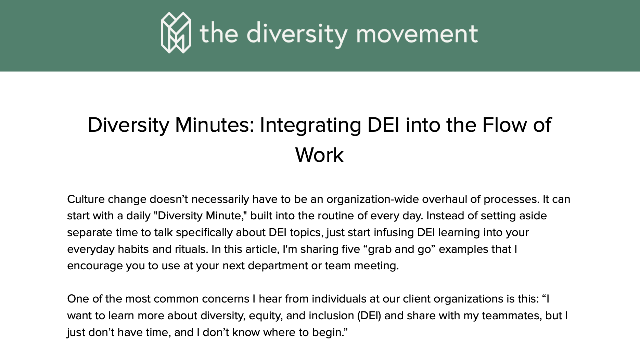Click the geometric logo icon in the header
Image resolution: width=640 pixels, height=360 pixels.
[176, 33]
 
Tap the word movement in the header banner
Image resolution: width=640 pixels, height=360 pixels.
[417, 34]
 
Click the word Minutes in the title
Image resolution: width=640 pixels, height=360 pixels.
[215, 125]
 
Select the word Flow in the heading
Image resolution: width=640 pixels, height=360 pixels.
[505, 125]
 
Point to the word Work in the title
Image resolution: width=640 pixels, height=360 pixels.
[319, 155]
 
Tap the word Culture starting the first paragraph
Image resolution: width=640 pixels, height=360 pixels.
[86, 199]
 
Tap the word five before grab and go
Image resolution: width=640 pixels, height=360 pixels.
[350, 249]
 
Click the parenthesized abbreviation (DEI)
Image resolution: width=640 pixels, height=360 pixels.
[369, 316]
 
